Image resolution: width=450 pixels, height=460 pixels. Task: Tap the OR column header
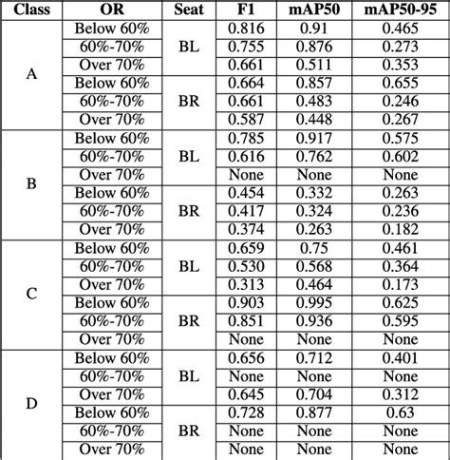(111, 10)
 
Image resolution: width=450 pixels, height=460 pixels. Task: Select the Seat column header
(189, 10)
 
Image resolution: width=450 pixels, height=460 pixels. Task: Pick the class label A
(30, 75)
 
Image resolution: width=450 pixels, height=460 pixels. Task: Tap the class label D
(30, 404)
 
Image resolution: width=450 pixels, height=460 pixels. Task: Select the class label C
(30, 294)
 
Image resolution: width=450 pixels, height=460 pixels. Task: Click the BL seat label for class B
(189, 157)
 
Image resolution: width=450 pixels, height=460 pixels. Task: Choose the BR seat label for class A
(189, 103)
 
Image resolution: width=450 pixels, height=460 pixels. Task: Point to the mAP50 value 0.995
(319, 303)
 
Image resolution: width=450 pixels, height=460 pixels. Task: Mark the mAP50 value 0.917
(319, 139)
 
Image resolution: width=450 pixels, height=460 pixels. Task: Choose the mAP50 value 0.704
(319, 394)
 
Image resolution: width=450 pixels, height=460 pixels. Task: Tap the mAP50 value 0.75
(319, 248)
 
